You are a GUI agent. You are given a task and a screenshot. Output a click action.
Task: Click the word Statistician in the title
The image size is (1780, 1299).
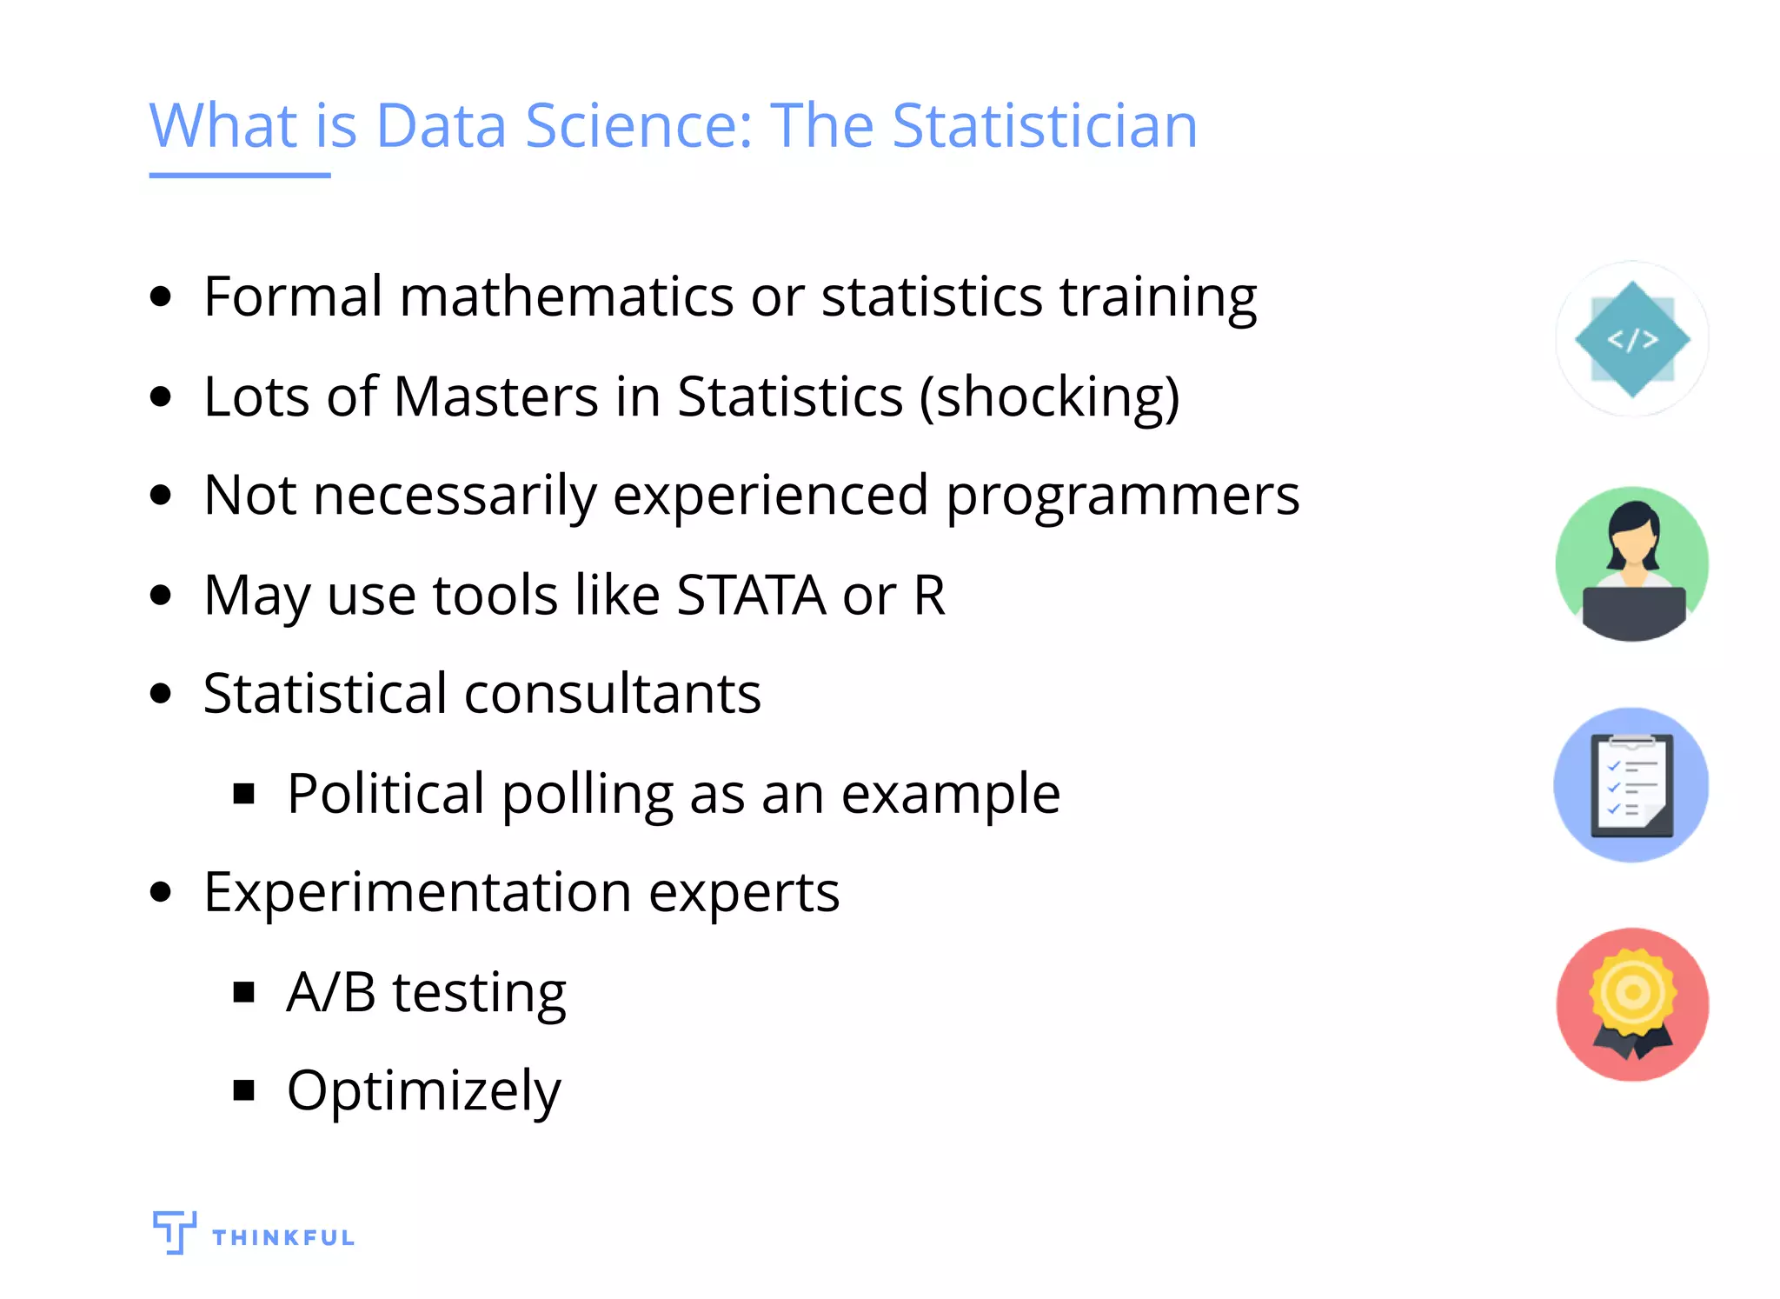(1045, 126)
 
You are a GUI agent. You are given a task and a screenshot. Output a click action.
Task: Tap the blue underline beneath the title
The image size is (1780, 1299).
(240, 175)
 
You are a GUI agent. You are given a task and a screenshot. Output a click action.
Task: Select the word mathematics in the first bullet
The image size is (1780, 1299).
(567, 296)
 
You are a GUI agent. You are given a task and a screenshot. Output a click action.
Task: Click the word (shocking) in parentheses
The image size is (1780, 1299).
(1050, 397)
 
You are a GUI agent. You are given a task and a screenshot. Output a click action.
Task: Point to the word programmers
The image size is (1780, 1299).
(1122, 496)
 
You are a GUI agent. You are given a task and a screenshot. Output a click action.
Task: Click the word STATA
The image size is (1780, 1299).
(752, 596)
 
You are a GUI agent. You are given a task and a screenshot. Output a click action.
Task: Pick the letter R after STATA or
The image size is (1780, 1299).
(929, 596)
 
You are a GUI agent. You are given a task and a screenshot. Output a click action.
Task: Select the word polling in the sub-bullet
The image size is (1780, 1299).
(588, 795)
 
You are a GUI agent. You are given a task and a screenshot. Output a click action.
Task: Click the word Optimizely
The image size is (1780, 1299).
(424, 1091)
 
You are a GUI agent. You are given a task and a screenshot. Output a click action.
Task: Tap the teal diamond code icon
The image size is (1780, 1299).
(1632, 339)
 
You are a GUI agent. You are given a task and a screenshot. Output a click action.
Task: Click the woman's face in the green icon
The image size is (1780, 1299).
(1632, 543)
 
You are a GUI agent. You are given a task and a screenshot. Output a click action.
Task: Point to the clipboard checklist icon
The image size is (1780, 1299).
(1631, 785)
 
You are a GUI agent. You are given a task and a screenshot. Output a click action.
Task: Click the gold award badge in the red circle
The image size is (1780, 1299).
(1632, 994)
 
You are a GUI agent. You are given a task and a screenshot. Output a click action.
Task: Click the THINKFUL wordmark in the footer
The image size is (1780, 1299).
(283, 1237)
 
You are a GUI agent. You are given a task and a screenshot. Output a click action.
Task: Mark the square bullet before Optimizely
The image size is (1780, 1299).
(244, 1090)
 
